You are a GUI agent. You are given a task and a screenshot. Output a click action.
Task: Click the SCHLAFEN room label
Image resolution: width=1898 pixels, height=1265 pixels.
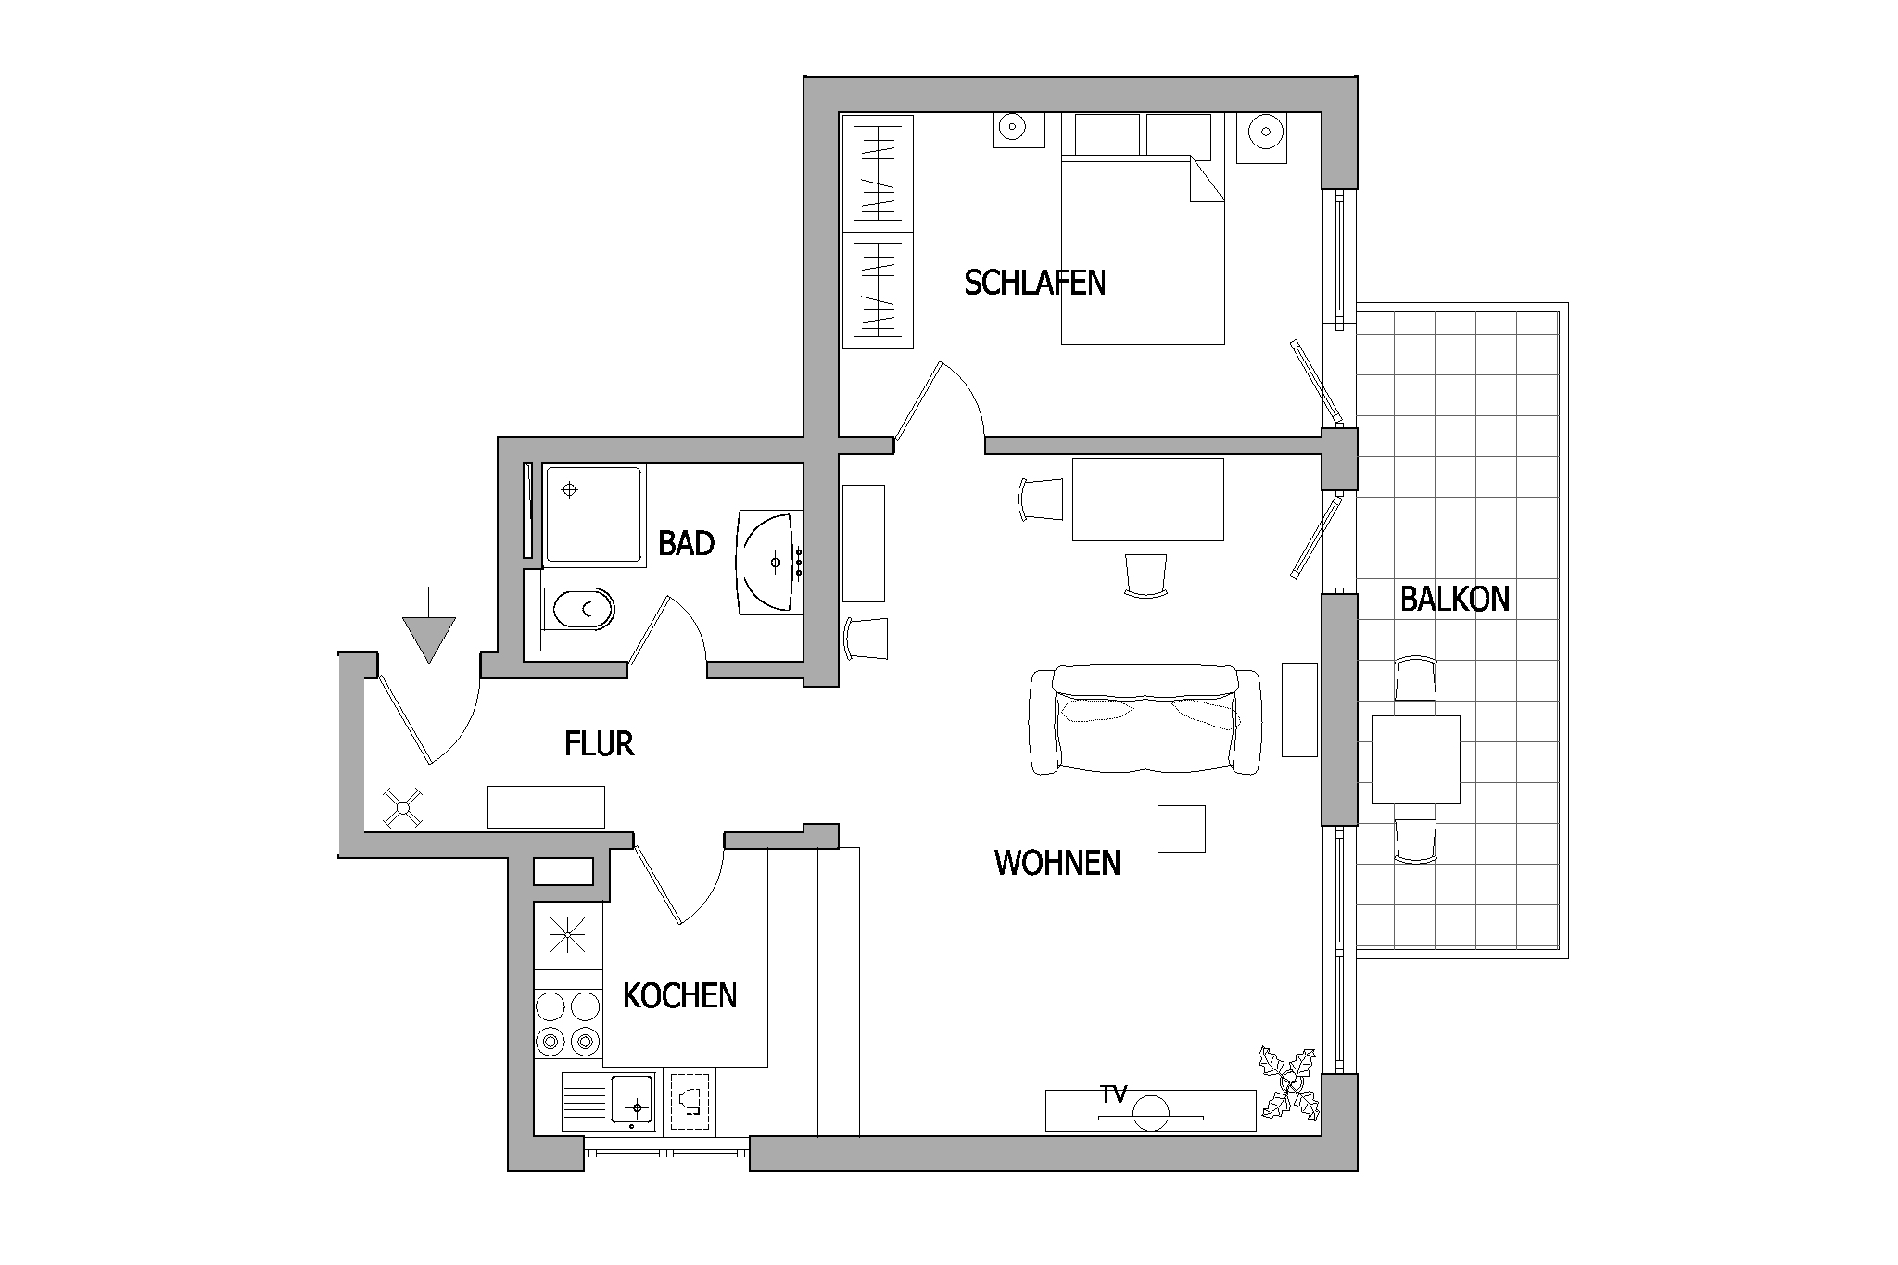pos(1034,282)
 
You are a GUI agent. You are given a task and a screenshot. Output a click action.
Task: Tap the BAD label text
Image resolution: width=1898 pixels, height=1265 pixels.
pos(686,543)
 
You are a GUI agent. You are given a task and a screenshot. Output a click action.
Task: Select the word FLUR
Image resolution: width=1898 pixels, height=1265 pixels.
pos(599,743)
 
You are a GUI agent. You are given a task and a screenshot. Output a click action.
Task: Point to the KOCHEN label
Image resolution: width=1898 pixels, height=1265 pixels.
pos(679,996)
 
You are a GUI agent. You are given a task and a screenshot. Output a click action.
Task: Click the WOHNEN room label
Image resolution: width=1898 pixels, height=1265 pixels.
pos(1057,863)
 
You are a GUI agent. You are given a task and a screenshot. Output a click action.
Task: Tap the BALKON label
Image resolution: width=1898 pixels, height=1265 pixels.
pos(1455,599)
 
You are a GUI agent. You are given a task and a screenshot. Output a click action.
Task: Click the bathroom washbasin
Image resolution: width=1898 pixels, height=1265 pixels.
pos(770,561)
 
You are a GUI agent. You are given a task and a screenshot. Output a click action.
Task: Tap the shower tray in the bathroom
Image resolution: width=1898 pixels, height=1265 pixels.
pos(594,515)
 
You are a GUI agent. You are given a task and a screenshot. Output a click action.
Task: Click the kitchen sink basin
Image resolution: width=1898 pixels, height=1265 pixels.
pos(633,1101)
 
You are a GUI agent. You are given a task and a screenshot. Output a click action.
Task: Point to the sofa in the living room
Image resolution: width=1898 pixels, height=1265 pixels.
pos(1145,719)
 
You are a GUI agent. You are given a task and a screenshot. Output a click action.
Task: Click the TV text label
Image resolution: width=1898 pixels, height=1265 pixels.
pos(1114,1095)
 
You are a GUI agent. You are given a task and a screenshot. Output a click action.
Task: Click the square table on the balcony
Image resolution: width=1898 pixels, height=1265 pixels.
pos(1415,759)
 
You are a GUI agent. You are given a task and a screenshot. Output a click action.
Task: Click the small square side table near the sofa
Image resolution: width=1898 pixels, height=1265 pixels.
pos(1182,829)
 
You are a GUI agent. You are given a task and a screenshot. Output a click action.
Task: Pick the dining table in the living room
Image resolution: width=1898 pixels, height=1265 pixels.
pos(1147,499)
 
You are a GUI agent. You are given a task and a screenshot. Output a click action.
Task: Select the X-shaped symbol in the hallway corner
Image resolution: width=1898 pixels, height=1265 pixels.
pos(403,807)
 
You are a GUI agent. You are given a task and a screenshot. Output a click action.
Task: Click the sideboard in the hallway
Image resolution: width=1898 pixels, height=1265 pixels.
pos(546,806)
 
